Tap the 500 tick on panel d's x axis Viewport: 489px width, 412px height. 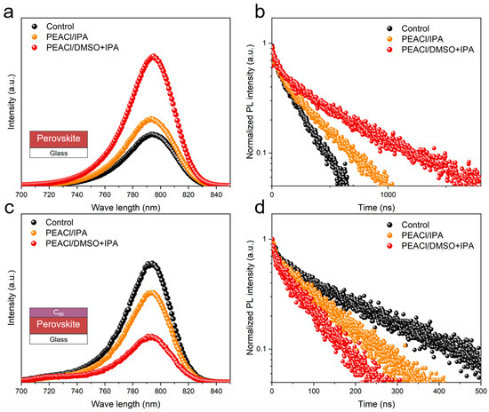[x=480, y=392]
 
